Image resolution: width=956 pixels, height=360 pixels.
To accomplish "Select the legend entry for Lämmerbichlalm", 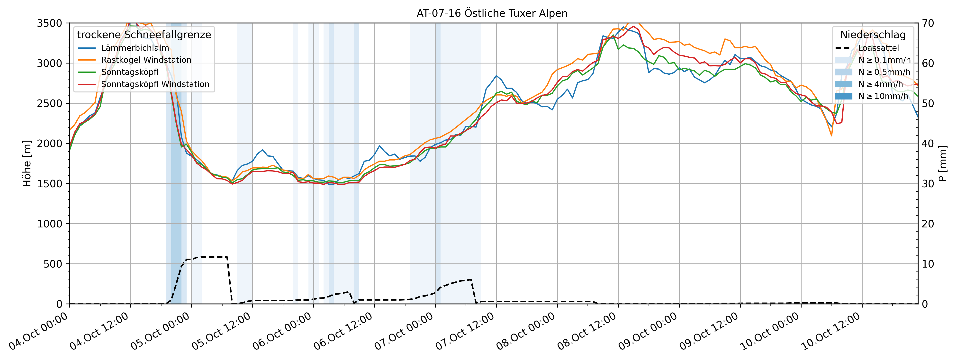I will [135, 48].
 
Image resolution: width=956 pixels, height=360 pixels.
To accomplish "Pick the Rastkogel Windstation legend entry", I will [146, 60].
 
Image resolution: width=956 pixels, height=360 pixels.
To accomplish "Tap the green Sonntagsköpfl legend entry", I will [130, 72].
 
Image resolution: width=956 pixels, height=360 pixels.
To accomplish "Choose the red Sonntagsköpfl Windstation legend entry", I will [155, 84].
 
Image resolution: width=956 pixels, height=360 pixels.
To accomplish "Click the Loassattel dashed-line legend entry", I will [878, 48].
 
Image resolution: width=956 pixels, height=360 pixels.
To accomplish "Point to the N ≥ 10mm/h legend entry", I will [883, 96].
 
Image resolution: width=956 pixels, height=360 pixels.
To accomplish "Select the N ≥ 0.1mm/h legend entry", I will [884, 60].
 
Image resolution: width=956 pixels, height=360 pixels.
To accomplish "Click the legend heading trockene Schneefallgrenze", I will [144, 35].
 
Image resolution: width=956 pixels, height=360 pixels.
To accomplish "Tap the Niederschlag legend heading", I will [873, 35].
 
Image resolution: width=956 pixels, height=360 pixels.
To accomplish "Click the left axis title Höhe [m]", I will [27, 163].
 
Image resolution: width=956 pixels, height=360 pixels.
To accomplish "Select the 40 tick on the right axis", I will [928, 143].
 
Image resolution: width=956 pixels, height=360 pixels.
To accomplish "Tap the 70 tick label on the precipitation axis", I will [928, 23].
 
